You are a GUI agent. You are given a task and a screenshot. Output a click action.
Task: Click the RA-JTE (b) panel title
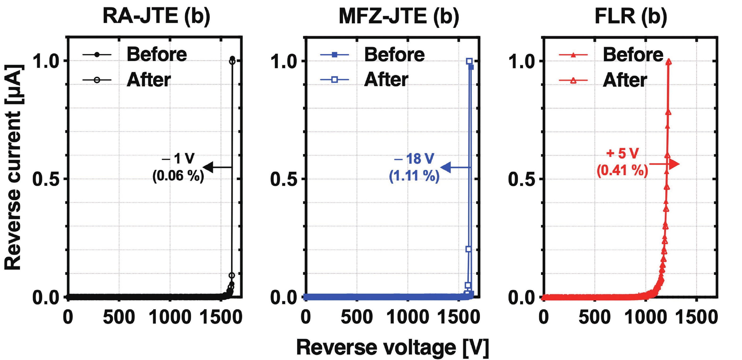coord(156,16)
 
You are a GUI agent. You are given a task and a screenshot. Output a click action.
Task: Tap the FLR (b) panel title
coord(631,16)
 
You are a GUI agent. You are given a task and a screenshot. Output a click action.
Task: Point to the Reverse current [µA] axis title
coord(13,167)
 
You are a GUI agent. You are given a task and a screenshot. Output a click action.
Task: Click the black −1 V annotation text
coord(178,158)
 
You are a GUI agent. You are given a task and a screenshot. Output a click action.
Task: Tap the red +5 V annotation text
coord(622,153)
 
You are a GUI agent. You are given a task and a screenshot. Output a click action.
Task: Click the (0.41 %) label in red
coord(622,170)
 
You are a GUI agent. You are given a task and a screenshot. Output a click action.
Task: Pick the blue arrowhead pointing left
coord(446,167)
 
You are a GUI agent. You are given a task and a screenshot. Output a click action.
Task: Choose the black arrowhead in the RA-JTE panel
coord(208,167)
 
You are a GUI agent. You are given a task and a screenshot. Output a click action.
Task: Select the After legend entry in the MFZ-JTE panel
coord(386,80)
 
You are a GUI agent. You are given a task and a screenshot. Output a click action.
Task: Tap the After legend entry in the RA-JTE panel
coord(149,80)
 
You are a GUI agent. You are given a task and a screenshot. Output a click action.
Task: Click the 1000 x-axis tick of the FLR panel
coord(645,317)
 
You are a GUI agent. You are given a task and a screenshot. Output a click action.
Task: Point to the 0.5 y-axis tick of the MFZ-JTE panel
coord(283,179)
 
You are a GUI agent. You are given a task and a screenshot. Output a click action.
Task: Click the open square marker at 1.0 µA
coord(469,61)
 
